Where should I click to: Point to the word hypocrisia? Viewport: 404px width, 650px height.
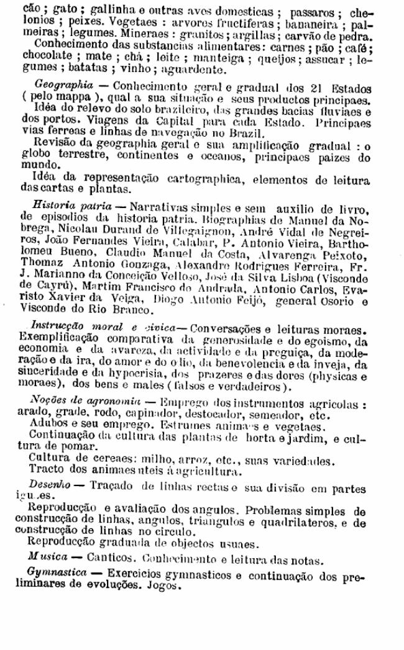pyautogui.click(x=111, y=376)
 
